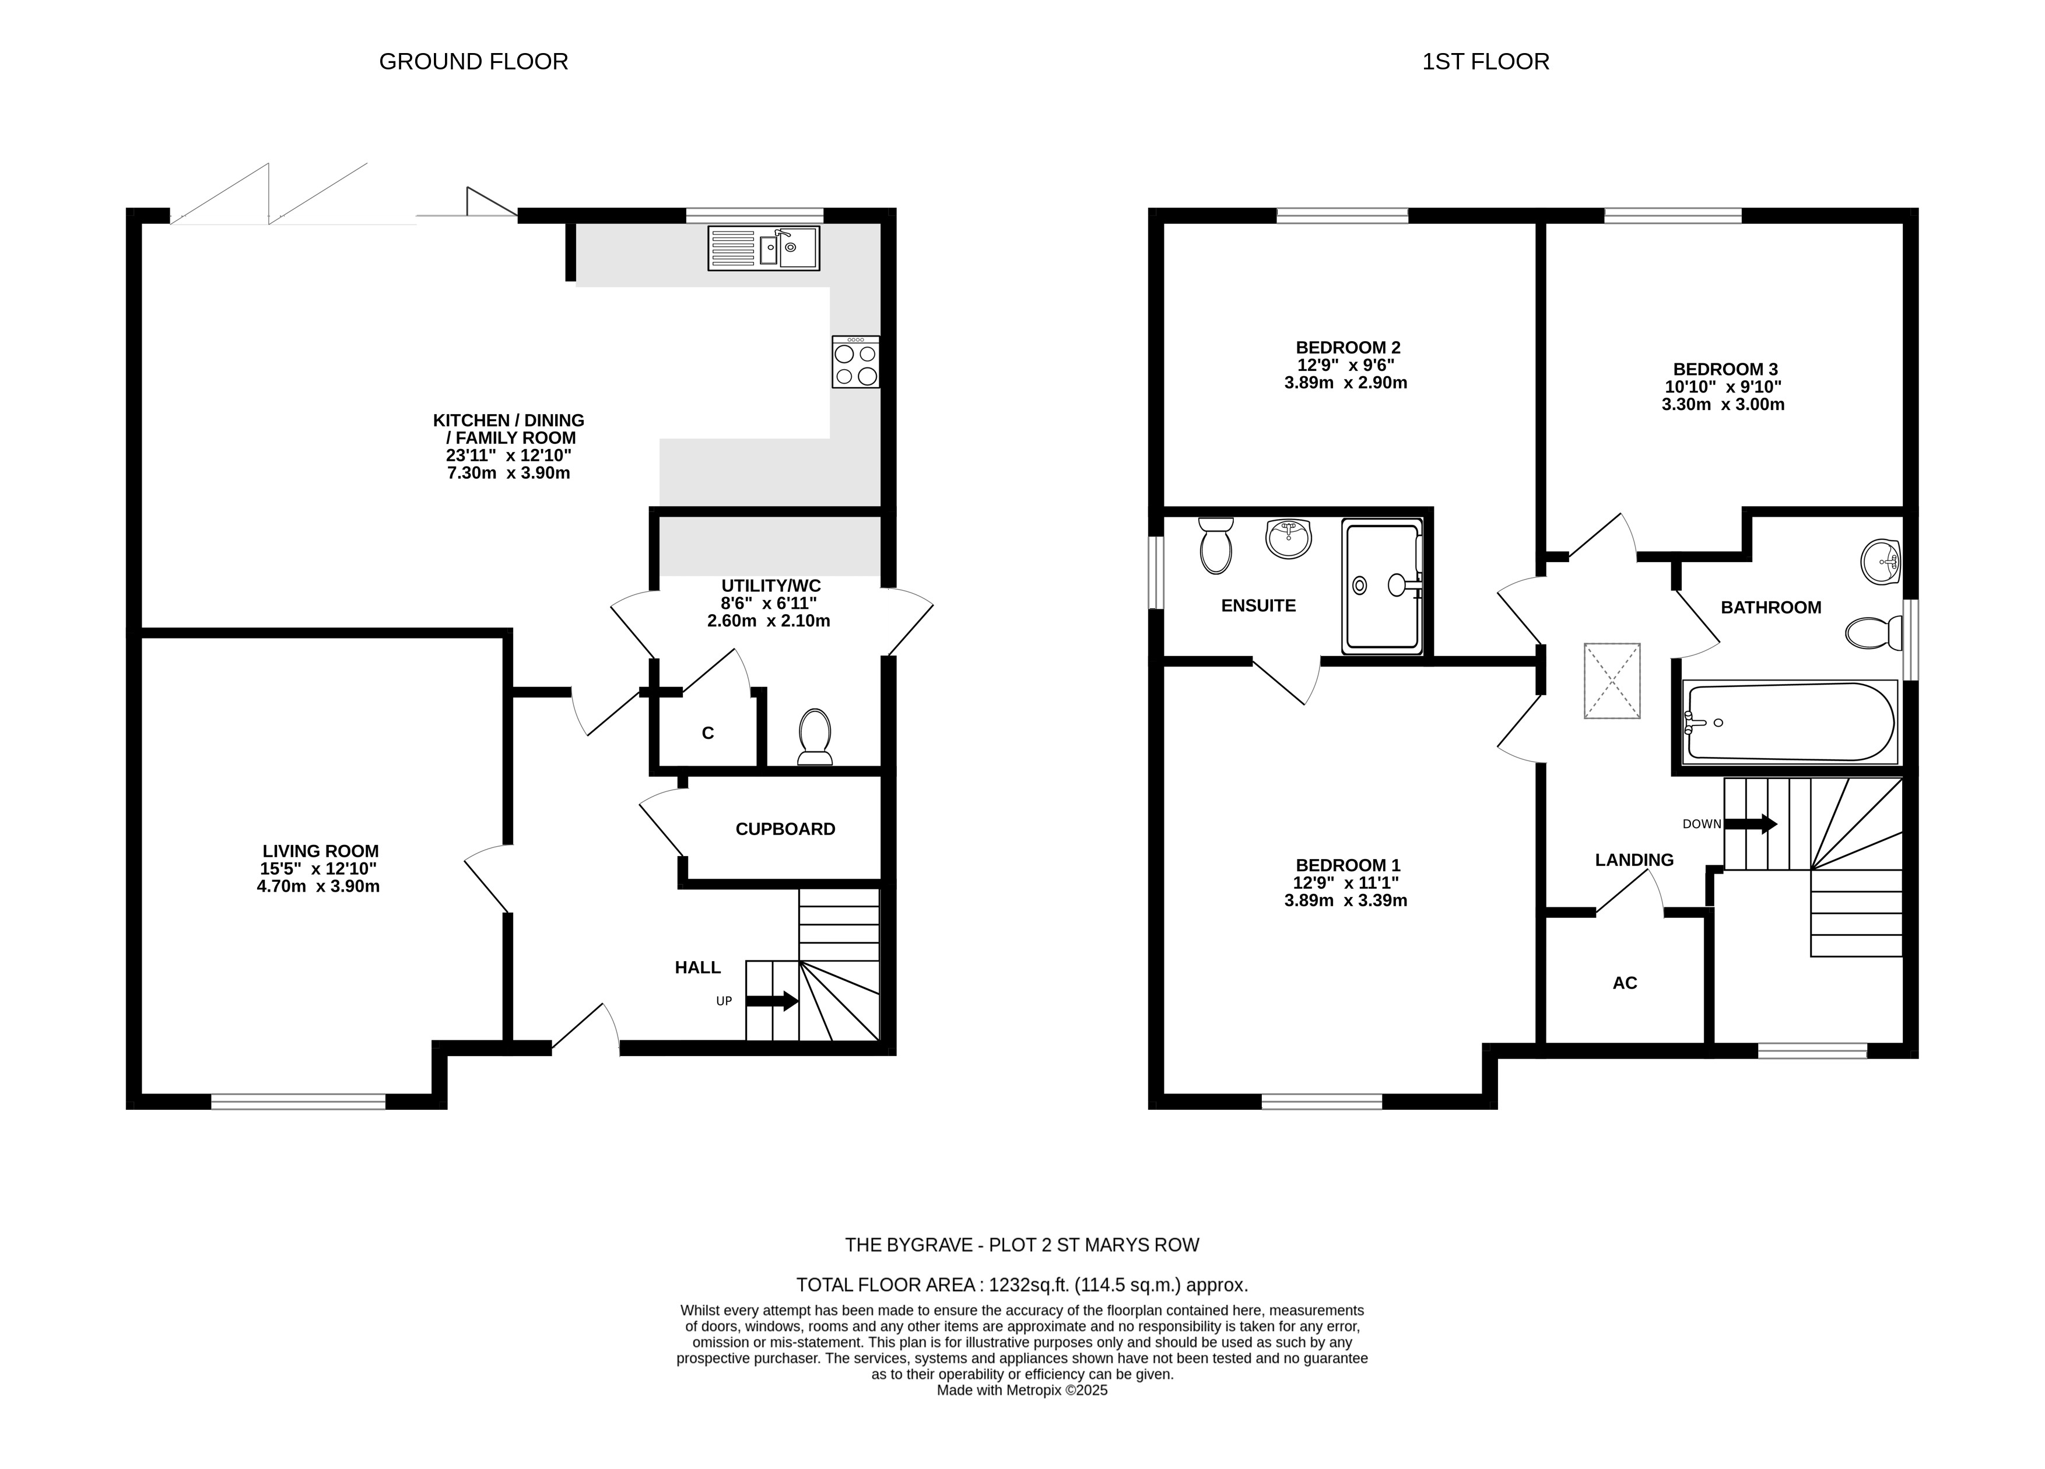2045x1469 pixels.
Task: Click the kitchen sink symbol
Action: [764, 248]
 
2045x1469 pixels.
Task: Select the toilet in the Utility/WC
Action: [815, 737]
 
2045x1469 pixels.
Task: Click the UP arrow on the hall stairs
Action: [773, 1000]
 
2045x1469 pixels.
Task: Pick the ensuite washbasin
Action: [1289, 538]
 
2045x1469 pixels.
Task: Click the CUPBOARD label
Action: [785, 829]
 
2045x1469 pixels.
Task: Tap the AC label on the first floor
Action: [1625, 983]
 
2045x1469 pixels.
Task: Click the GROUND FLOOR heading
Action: [473, 61]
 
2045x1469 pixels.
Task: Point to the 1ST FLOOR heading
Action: [1486, 61]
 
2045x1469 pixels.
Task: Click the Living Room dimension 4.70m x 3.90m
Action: [318, 886]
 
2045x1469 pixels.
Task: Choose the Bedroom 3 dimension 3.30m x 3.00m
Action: [1723, 405]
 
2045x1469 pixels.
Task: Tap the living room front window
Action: [299, 1101]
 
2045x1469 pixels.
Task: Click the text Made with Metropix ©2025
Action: [1023, 1390]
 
